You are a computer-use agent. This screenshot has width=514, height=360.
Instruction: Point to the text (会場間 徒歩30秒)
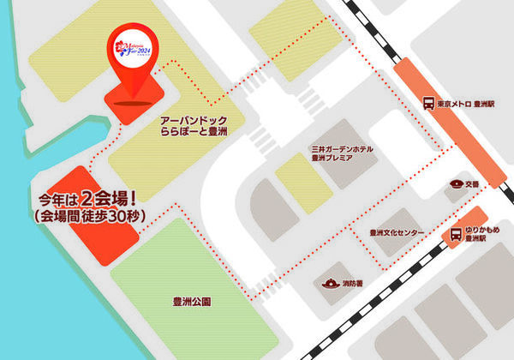coord(84,218)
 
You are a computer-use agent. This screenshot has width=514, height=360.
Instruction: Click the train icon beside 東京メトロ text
coord(427,104)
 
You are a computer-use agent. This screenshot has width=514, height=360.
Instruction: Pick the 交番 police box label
coord(471,183)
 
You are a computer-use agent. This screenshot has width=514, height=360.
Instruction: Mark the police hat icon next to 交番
coord(455,183)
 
